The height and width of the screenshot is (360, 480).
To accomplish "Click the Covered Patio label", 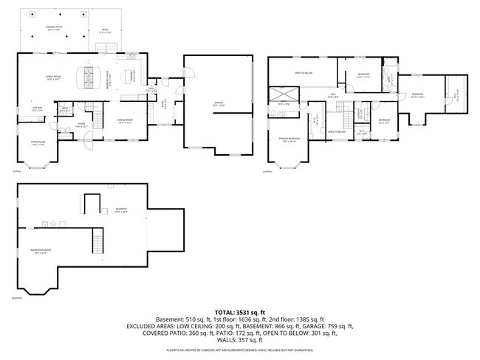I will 54,30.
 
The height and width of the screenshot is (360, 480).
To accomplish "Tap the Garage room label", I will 219,104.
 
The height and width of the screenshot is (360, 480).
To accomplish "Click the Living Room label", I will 38,144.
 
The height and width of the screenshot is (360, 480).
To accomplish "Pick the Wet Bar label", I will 38,109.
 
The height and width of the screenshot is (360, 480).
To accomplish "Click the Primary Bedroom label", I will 288,140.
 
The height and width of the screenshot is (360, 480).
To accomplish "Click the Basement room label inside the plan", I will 121,210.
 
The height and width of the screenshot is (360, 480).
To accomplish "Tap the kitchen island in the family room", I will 94,75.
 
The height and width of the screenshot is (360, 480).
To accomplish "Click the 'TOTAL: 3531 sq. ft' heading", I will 239,312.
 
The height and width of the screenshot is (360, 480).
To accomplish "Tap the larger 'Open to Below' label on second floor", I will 303,73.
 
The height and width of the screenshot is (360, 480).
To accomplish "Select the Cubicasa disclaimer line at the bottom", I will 239,350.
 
